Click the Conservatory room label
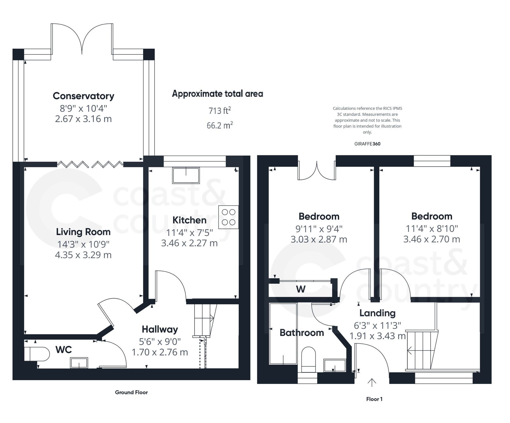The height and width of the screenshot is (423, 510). point(83,96)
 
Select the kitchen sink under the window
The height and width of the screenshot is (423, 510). point(186,175)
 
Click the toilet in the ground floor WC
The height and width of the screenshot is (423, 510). point(37,354)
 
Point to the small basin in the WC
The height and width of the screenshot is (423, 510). point(79,363)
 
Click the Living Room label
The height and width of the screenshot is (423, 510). point(83,232)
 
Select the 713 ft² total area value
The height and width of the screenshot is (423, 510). point(220,110)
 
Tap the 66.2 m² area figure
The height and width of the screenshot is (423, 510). point(220,125)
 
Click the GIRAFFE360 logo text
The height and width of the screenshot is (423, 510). point(367,144)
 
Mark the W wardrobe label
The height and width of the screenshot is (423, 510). point(301,289)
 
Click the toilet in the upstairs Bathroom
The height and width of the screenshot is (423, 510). point(308,359)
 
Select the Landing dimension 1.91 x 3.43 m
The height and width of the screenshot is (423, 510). point(377,336)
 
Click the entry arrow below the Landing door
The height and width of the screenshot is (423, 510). point(372,382)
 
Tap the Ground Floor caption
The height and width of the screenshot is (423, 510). point(131,392)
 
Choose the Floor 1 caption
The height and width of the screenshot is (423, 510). point(374,399)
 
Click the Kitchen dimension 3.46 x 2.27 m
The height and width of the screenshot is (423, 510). point(189,243)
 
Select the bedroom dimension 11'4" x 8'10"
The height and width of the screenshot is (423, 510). point(432,229)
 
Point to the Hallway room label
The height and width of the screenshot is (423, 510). point(160,329)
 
